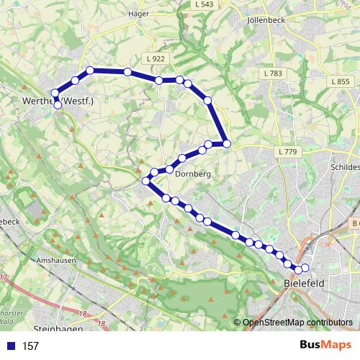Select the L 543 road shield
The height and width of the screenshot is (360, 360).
[204, 4]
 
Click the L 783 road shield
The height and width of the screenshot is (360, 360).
[273, 73]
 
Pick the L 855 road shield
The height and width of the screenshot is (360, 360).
[341, 82]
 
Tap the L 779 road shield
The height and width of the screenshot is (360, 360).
[286, 151]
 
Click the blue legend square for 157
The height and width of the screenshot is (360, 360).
[10, 346]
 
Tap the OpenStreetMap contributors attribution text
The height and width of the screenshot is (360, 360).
[297, 323]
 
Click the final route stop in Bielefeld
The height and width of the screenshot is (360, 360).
[305, 268]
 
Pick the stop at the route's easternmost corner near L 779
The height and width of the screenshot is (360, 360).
[227, 144]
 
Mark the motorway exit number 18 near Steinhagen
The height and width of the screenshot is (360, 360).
[84, 314]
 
